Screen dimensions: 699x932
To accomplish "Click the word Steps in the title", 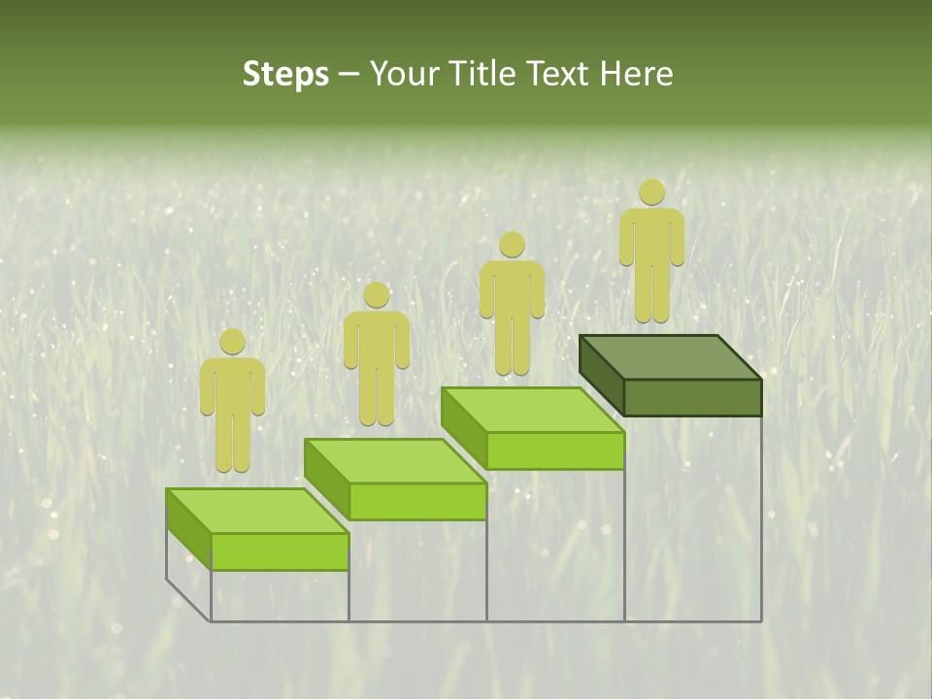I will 285,74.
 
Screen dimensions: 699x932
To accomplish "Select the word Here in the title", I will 635,74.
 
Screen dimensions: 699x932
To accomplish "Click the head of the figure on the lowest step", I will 232,342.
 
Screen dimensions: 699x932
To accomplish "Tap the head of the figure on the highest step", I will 651,192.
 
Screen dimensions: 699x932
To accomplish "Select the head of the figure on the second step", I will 376,295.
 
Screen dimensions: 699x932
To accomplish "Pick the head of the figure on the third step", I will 512,245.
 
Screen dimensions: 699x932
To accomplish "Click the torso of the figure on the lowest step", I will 232,388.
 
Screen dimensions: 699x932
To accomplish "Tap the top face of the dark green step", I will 670,356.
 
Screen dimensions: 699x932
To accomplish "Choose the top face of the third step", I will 533,409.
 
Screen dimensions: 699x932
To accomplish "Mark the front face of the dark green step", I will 692,397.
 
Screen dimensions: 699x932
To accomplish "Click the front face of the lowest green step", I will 280,551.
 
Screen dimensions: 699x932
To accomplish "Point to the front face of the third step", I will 554,450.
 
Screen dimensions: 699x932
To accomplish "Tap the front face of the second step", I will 417,501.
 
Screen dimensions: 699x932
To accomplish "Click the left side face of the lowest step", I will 188,529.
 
